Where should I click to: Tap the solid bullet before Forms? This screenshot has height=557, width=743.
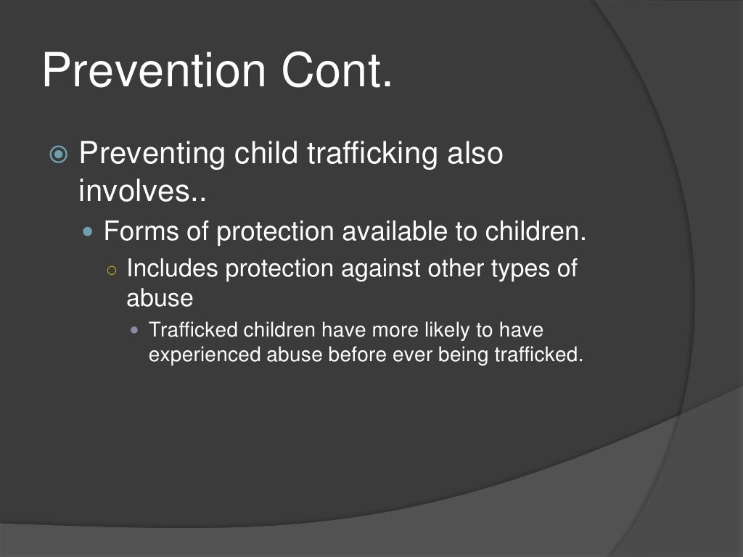click(x=89, y=233)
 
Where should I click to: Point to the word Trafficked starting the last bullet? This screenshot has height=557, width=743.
click(x=193, y=331)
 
